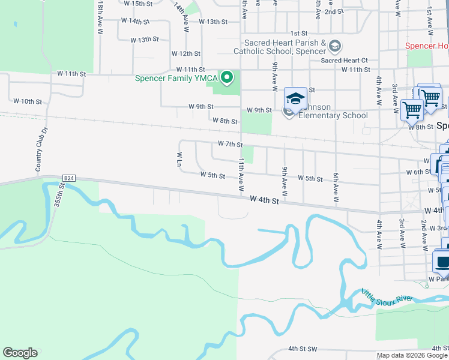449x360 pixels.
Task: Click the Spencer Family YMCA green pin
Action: [x=227, y=77]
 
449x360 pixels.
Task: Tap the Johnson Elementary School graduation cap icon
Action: [x=295, y=98]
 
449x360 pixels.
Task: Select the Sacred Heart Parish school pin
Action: [x=335, y=46]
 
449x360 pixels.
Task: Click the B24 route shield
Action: [x=69, y=178]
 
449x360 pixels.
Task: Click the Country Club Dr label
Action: [x=41, y=149]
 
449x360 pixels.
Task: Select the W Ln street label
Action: [x=179, y=158]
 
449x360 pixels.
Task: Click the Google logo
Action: [x=20, y=353]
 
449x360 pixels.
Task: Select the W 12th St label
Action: [x=185, y=54]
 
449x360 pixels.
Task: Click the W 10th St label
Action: [x=28, y=101]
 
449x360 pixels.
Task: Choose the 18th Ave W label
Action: [x=100, y=16]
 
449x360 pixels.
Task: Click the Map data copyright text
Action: [x=412, y=355]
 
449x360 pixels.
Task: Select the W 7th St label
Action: [x=230, y=145]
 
